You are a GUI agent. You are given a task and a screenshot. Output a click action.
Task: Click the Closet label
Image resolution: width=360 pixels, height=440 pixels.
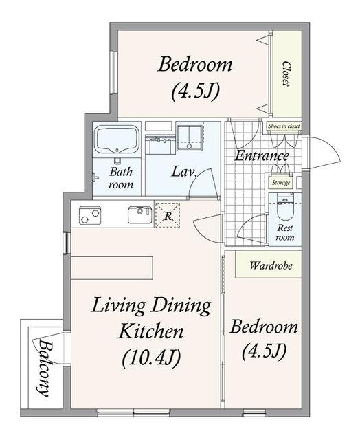(286, 74)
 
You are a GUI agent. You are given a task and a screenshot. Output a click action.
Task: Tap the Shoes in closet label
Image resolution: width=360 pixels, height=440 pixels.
(284, 126)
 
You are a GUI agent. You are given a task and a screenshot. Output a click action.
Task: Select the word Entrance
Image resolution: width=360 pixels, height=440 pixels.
(262, 155)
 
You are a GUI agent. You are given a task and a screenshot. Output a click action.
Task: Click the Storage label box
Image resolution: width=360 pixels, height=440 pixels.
(281, 183)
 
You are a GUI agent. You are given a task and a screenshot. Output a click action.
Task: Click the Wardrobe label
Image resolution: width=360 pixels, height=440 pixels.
(271, 265)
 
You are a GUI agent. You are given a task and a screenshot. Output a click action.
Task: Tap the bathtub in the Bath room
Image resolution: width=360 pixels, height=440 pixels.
(117, 140)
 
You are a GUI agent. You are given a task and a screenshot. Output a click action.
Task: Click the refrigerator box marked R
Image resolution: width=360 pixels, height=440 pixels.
(168, 215)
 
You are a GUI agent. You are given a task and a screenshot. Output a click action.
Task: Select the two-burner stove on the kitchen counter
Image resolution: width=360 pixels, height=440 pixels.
(90, 216)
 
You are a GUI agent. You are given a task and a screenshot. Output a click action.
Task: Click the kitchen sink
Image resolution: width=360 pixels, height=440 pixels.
(140, 214)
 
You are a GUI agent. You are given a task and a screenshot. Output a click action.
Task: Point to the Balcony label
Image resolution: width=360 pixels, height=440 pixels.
(45, 368)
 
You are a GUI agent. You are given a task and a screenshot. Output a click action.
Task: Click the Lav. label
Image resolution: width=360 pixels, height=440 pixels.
(184, 171)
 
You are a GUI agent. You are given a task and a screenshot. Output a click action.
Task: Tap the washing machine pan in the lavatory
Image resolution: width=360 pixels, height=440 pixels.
(190, 138)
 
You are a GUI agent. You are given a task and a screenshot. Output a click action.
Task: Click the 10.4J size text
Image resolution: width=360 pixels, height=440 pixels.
(151, 357)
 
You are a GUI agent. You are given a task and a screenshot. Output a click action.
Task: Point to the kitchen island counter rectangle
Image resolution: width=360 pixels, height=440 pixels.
(112, 267)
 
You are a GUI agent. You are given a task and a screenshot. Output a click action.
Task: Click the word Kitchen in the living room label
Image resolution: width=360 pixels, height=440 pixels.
(151, 331)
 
